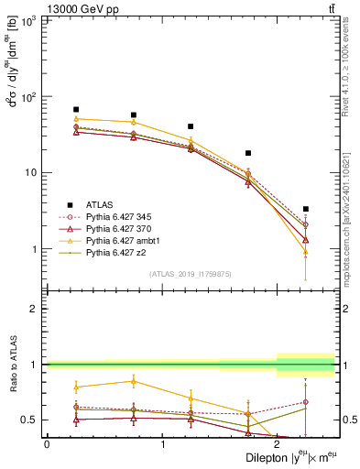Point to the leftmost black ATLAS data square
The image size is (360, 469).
[76, 109]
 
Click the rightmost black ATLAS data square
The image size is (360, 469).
[306, 209]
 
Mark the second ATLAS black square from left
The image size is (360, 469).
[134, 115]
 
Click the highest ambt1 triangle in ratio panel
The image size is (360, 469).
[134, 381]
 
